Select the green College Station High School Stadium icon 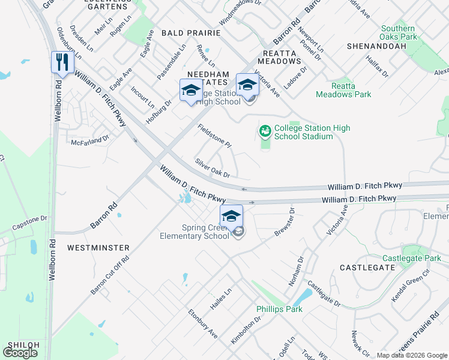click(265, 130)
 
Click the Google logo click(20, 353)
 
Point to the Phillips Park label click(279, 309)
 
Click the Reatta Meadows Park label click(343, 90)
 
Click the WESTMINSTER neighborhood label click(98, 247)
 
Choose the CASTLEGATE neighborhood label click(366, 267)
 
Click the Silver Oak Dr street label click(212, 168)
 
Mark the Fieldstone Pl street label click(214, 136)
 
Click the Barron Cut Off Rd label click(110, 273)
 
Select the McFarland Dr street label click(90, 140)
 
